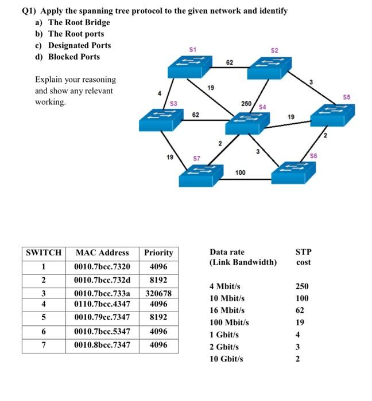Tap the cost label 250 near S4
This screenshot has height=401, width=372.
[x=246, y=103]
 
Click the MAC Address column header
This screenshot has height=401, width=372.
[x=102, y=253]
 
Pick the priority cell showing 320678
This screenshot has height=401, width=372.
[x=158, y=293]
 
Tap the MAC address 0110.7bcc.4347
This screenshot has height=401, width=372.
[x=102, y=304]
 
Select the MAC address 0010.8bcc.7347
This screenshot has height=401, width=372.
[x=102, y=345]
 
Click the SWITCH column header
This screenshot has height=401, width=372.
[x=44, y=253]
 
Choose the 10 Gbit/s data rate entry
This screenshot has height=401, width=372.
[x=227, y=359]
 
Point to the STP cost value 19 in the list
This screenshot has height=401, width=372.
[x=302, y=322]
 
